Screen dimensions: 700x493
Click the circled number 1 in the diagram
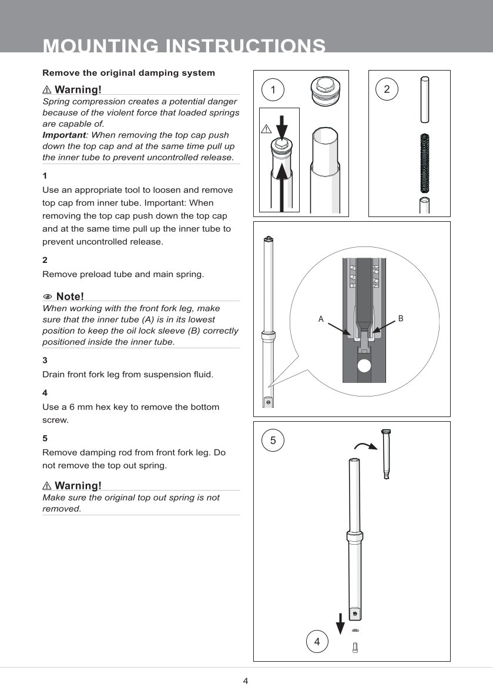click(x=273, y=89)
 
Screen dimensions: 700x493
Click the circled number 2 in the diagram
click(x=387, y=89)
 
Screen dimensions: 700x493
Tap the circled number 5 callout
click(x=273, y=440)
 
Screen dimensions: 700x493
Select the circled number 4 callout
click(x=317, y=641)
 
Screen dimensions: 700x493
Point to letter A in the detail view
click(x=321, y=319)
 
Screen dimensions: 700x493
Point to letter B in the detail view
click(x=401, y=318)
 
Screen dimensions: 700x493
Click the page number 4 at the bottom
click(x=246, y=681)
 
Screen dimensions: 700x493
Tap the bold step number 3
click(x=45, y=360)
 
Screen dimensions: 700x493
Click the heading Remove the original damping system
click(x=129, y=73)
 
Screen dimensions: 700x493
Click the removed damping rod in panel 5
click(x=386, y=454)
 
